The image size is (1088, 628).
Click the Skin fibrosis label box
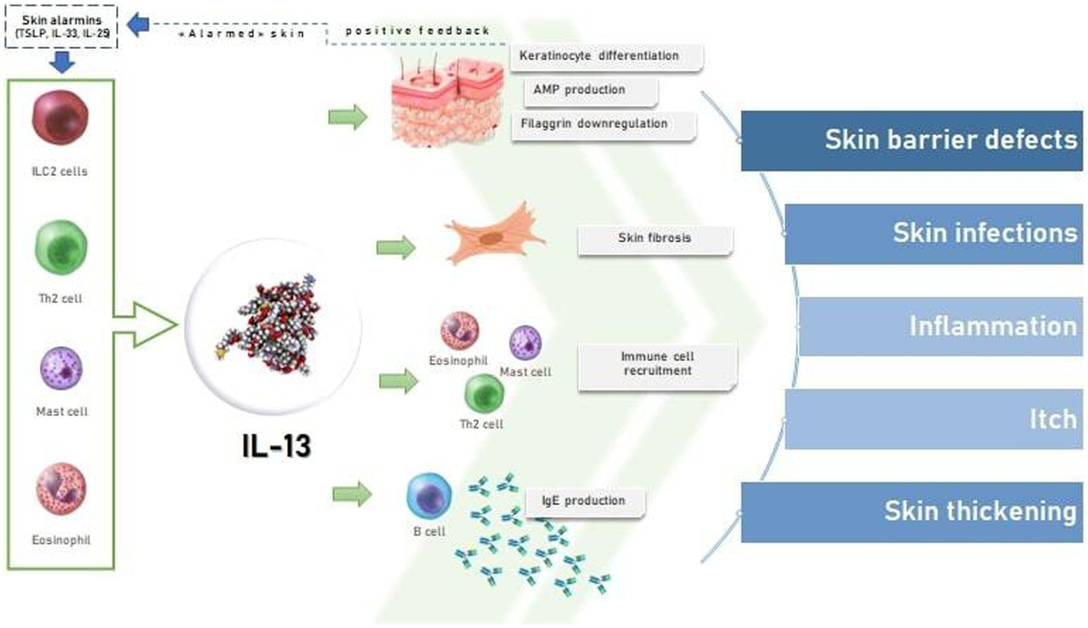click(x=653, y=239)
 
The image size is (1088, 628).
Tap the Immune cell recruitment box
click(x=657, y=364)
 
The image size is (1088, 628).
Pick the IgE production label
click(x=585, y=500)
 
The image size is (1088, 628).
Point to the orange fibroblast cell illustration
click(x=493, y=237)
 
